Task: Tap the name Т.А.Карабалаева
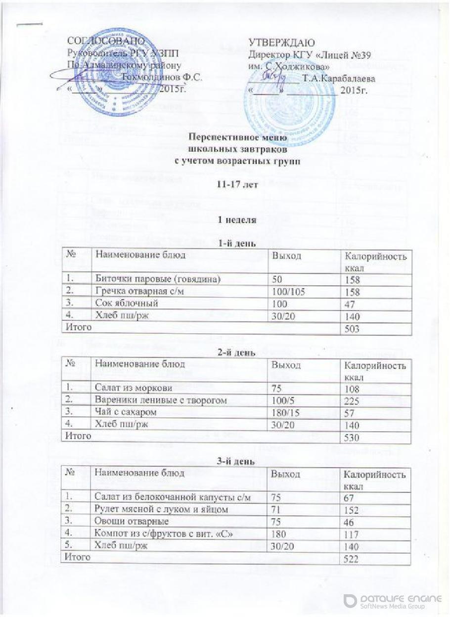click(339, 79)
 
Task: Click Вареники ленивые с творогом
click(161, 400)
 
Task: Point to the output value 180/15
click(283, 412)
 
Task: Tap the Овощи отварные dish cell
click(132, 522)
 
